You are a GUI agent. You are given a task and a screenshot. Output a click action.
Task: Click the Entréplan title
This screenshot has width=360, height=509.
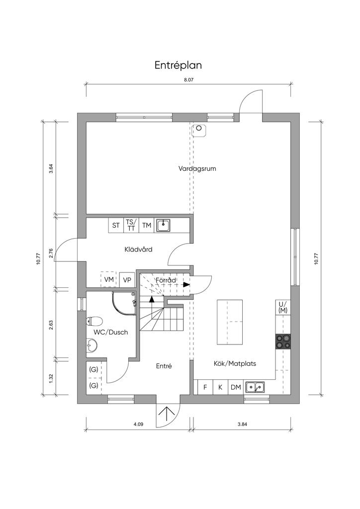pyautogui.click(x=178, y=66)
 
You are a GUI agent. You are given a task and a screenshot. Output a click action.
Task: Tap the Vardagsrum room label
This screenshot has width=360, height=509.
pyautogui.click(x=197, y=169)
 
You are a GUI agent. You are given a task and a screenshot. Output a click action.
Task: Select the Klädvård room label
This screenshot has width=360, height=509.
pyautogui.click(x=138, y=250)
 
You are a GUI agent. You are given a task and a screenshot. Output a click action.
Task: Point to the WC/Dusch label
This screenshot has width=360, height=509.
pyautogui.click(x=111, y=332)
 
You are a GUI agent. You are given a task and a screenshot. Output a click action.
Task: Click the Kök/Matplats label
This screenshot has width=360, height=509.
pyautogui.click(x=235, y=363)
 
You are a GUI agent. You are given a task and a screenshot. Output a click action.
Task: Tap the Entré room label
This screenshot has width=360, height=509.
pyautogui.click(x=164, y=366)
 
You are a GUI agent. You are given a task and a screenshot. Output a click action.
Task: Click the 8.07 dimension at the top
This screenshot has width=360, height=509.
pyautogui.click(x=188, y=80)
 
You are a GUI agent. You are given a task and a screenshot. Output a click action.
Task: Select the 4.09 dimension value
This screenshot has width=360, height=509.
pyautogui.click(x=138, y=424)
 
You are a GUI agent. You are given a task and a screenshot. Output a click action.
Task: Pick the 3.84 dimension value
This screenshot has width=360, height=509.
pyautogui.click(x=243, y=424)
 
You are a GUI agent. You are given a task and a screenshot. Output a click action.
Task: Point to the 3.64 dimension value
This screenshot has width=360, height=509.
pyautogui.click(x=51, y=169)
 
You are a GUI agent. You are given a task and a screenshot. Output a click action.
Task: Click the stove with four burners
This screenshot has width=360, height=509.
pyautogui.click(x=283, y=341)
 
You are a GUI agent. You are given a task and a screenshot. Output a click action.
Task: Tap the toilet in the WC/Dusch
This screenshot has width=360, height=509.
pyautogui.click(x=94, y=322)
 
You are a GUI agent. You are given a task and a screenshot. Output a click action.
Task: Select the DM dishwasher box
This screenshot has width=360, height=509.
pyautogui.click(x=236, y=387)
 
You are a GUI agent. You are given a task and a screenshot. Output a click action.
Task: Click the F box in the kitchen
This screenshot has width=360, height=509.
pyautogui.click(x=205, y=387)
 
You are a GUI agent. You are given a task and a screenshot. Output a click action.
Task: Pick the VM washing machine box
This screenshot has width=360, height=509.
pyautogui.click(x=109, y=279)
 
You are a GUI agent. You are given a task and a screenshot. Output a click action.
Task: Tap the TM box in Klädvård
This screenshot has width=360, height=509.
pyautogui.click(x=147, y=225)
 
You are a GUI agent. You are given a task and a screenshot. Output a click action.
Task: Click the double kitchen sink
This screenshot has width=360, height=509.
pyautogui.click(x=255, y=387)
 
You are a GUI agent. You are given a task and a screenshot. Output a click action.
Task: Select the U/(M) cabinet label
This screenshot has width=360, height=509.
pyautogui.click(x=283, y=307)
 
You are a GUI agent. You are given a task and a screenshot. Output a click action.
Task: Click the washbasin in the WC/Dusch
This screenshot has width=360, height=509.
pyautogui.click(x=92, y=345)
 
